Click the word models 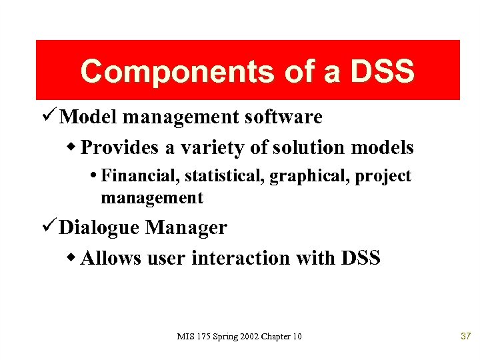point(386,147)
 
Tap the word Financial point(140,176)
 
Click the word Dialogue point(101,228)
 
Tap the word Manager point(187,228)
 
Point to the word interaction point(241,258)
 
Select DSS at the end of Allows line point(360,258)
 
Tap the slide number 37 point(465,336)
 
